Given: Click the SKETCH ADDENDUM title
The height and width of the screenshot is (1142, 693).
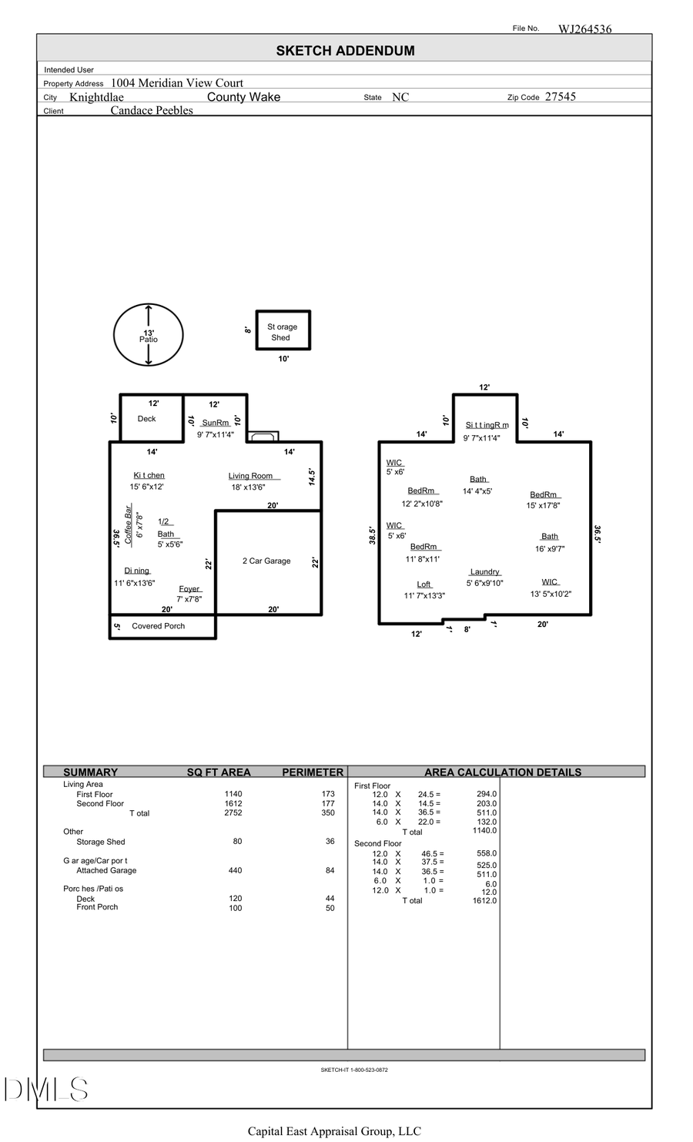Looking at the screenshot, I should point(345,51).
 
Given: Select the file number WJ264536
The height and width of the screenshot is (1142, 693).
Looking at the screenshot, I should point(584,29).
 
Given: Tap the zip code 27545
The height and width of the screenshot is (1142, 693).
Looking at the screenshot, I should point(560,97).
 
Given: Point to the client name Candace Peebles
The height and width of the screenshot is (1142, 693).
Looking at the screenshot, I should point(152,110).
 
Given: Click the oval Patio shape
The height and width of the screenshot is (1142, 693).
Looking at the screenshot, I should point(148,335).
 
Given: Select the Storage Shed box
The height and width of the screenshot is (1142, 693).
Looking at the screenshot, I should point(283,331).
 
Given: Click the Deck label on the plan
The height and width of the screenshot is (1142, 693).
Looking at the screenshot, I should point(146,419).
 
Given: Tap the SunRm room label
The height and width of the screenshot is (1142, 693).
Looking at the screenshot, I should point(215,423).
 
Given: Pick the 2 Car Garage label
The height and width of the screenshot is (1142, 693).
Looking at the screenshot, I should point(266,561).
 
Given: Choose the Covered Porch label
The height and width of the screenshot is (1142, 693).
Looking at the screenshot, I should point(158,626).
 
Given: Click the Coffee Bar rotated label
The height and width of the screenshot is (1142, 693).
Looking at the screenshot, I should point(129,525).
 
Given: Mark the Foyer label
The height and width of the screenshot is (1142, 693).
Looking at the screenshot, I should point(189,589).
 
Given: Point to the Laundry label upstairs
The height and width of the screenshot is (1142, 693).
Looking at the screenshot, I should point(485,572).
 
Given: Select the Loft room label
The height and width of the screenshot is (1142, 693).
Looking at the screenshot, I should point(424,584).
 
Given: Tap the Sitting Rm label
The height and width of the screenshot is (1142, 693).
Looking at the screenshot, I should point(487,425).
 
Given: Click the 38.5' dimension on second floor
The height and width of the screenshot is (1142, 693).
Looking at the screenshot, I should point(372,536).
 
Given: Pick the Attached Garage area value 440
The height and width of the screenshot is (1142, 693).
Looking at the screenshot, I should point(235,870).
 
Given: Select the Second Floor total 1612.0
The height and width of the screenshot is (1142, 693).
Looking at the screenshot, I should point(484,900).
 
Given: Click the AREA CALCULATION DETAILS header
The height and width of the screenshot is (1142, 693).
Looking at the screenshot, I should point(502,772).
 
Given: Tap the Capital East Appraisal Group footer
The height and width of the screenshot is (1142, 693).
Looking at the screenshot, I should point(334,1131).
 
